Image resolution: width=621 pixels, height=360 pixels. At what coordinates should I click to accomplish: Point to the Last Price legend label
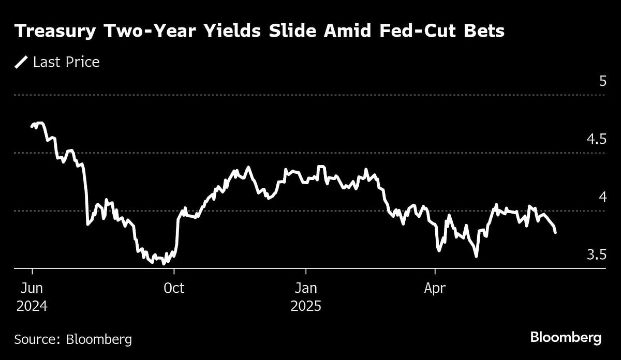coord(66,63)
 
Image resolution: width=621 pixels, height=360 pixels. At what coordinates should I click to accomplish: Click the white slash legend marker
coord(21,63)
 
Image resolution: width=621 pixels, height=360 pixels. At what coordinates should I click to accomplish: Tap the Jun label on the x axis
coord(32,288)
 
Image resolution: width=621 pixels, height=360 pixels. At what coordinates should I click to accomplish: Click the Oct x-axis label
coord(174,288)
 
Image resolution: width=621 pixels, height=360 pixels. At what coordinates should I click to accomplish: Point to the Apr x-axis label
coord(435,288)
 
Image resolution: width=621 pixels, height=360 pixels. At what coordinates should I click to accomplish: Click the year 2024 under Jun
coord(32,306)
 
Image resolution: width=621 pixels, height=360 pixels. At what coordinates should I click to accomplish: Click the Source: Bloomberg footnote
coord(73,339)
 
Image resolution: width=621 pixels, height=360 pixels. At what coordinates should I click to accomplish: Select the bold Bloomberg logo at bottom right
coord(566,338)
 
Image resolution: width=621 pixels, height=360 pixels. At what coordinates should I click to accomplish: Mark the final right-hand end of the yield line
coord(555,233)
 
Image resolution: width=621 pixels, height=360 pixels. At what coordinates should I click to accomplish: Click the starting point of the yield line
coord(32,126)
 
